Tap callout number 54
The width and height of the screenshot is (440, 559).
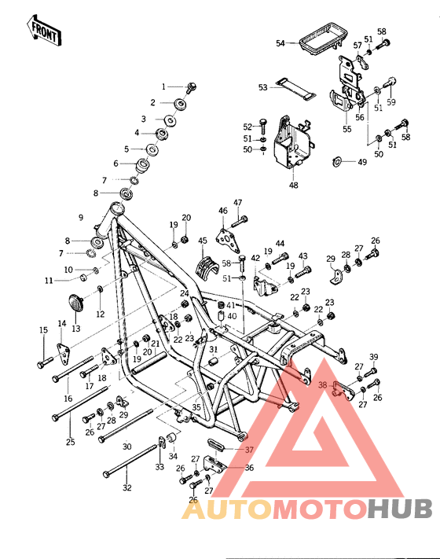[x=280, y=44]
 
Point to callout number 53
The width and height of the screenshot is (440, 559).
[x=263, y=87]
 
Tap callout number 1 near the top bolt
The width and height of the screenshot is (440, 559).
[x=165, y=86]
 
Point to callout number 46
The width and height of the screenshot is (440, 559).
[x=223, y=210]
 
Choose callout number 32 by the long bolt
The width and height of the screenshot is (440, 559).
[x=127, y=487]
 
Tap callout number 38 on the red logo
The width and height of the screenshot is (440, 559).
[x=322, y=385]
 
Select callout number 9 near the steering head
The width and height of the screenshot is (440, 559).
[x=80, y=217]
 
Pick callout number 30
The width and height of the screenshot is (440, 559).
[x=127, y=446]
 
